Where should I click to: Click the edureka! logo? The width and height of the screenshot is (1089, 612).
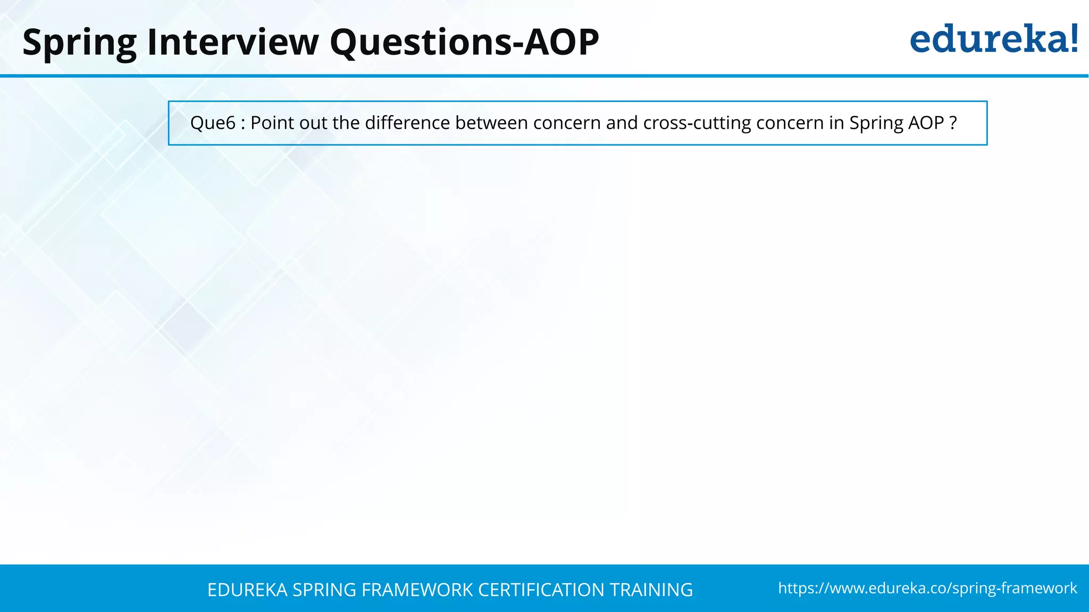(993, 39)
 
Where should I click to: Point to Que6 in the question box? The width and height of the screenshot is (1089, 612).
(213, 123)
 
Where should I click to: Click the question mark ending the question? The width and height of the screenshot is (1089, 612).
(953, 123)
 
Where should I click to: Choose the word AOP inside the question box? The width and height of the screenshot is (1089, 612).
(926, 123)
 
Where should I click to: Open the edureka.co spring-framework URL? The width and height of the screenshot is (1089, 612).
(927, 588)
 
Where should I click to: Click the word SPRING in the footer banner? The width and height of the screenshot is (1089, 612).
(324, 590)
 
